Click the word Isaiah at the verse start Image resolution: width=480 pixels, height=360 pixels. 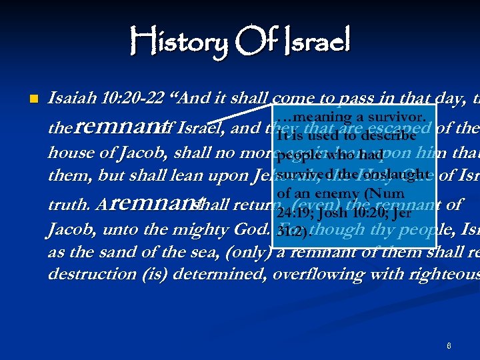coord(72,99)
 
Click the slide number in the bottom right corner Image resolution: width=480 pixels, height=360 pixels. coord(449,346)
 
